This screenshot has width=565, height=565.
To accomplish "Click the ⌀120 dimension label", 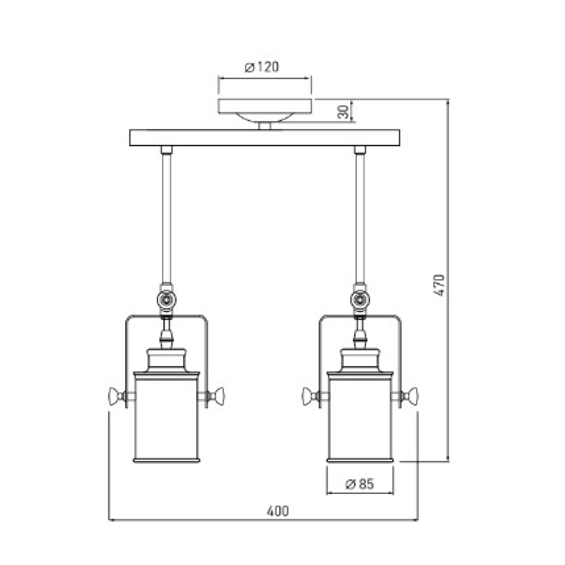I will (x=262, y=67).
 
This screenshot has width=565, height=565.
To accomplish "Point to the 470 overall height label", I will (x=439, y=284).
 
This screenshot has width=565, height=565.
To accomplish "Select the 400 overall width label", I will (x=277, y=511).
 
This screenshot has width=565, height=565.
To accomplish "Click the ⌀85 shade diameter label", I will (x=360, y=484).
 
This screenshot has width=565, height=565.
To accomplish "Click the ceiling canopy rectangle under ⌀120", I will (x=265, y=106).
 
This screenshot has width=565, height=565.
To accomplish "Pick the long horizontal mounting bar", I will (x=265, y=137).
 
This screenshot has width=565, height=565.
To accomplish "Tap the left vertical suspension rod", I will (x=166, y=217).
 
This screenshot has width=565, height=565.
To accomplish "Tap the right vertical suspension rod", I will (x=360, y=217).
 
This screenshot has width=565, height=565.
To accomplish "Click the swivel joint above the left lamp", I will (x=166, y=299).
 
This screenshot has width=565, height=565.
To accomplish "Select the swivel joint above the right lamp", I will (x=360, y=299).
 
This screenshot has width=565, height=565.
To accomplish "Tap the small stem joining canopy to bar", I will (x=265, y=126).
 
